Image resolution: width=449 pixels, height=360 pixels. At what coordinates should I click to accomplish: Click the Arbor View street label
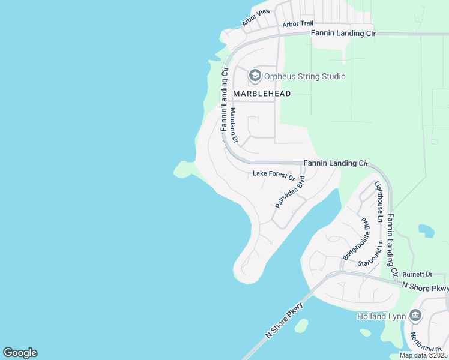256,18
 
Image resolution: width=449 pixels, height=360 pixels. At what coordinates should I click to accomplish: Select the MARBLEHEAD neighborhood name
262,94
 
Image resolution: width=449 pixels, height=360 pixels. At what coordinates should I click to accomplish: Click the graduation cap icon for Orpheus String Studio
255,76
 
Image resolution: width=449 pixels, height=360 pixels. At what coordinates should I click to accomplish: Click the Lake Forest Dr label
274,175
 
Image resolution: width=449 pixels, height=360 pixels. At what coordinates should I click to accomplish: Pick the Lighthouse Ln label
378,199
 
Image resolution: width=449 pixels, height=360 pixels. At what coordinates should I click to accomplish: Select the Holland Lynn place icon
415,316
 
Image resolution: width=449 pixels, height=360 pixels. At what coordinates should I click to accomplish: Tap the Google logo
20,353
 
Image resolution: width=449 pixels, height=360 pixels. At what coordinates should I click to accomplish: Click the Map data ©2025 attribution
423,355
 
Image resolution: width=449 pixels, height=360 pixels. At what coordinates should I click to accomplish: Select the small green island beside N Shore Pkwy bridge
301,326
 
